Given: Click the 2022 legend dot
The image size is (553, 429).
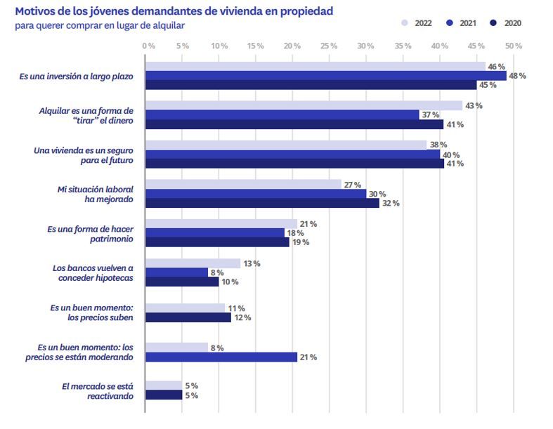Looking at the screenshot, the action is point(405,23).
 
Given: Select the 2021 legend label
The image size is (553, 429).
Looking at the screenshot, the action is point(468,23).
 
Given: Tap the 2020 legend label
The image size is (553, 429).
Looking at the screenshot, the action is point(512,23).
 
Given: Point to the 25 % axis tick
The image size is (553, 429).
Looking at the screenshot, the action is point(329,46).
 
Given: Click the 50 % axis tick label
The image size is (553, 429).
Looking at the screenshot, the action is point(513,46).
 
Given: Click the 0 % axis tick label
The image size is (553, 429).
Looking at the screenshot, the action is point(148,46).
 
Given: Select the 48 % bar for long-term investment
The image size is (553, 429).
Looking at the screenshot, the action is point(326,75).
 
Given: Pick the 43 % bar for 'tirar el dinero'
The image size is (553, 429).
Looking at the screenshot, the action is point(304,105).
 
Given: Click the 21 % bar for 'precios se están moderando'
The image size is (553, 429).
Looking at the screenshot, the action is point(221,357).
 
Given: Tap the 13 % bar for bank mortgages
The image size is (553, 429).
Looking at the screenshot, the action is point(193,263).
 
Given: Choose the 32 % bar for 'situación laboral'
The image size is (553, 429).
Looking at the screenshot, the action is point(262,203).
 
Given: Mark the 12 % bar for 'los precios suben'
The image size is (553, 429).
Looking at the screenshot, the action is point(188,317).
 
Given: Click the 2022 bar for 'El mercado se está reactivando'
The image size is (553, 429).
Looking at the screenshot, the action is point(164,385).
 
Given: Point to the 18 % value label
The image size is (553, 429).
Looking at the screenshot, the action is point(295,233).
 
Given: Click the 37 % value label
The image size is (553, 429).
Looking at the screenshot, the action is point(431,115).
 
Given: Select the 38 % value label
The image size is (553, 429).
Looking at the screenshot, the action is point(438,145).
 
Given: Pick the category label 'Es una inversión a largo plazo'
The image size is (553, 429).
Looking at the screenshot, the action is point(76,76).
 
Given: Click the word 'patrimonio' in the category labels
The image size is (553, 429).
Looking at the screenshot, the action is point(112,239).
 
